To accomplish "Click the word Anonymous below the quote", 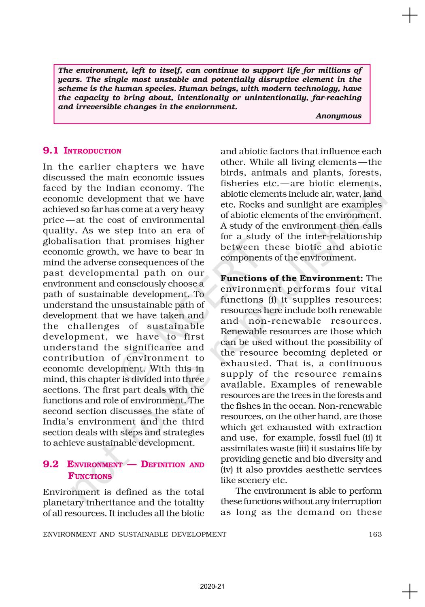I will (338, 116).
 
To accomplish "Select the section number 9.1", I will (51, 151).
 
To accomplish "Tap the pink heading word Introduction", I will (92, 151).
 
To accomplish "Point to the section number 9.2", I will (51, 464).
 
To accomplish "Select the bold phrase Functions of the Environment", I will (291, 278).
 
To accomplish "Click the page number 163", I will (375, 534).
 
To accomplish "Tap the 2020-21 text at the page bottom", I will (212, 586).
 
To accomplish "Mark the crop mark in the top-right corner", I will (410, 16).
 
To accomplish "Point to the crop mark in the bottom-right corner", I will (410, 592).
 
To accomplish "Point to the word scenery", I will (256, 480).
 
